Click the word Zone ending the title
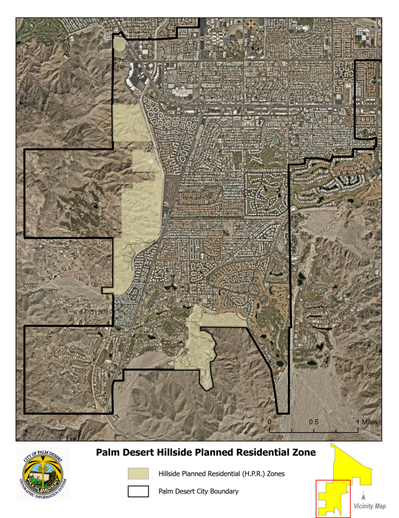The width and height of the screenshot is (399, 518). (x=303, y=453)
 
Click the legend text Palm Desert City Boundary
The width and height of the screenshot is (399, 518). (x=198, y=492)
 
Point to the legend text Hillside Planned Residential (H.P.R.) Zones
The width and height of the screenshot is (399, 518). (x=221, y=474)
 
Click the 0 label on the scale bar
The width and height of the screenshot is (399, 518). (x=270, y=421)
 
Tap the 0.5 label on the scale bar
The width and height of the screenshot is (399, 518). (x=314, y=421)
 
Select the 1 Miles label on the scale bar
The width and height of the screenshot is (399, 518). (x=366, y=421)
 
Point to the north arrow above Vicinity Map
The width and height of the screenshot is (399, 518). (x=372, y=494)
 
